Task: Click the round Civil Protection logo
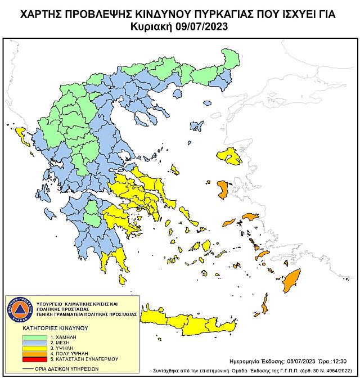(x=19, y=310)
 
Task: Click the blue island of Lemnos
(x=197, y=124)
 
